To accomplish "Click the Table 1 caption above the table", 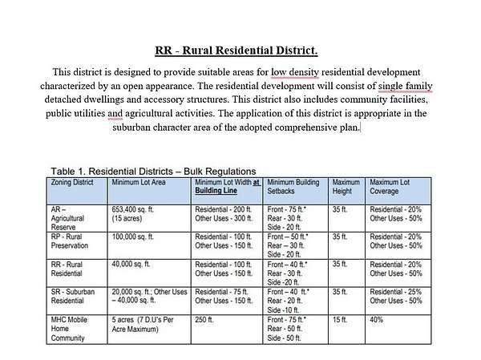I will [x=153, y=171].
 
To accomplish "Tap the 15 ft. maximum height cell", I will [x=340, y=320].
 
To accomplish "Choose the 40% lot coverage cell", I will [x=377, y=320].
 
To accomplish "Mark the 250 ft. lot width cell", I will [x=204, y=320].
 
